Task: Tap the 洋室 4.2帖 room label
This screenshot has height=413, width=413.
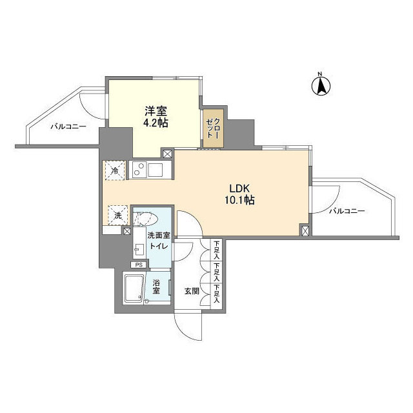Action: (x=156, y=116)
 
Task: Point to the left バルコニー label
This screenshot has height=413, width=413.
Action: (x=68, y=127)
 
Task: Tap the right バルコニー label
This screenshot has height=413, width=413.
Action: (x=347, y=212)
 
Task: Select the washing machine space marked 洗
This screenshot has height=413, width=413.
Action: (x=117, y=214)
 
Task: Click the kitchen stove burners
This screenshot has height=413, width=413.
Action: (x=139, y=170)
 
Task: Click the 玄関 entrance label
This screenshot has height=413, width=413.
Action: (x=192, y=291)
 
